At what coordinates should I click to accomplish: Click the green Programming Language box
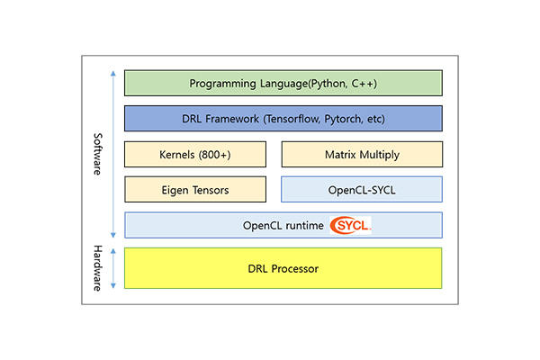tap(283, 83)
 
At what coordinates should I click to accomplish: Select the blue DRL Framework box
tap(283, 119)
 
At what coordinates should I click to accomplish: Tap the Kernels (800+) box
tap(195, 154)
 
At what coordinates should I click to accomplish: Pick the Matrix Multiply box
tap(362, 154)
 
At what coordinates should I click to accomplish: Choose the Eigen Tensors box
tap(195, 190)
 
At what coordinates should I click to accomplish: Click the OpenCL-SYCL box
tap(362, 190)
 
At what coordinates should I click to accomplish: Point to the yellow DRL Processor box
tap(283, 268)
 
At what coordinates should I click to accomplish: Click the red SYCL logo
tap(350, 225)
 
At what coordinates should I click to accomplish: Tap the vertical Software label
tap(98, 154)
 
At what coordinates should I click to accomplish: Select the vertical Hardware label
tap(98, 268)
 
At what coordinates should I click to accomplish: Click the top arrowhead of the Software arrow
tap(113, 73)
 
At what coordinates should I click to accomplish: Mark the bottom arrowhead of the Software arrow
tap(113, 236)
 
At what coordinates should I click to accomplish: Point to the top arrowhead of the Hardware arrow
tap(113, 251)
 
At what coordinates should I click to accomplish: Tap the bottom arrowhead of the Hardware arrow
tap(113, 286)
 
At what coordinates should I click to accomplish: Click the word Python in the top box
tap(328, 84)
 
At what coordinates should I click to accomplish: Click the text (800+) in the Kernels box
tap(214, 155)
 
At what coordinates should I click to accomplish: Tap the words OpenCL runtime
tap(283, 226)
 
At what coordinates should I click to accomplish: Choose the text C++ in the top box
tap(363, 84)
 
